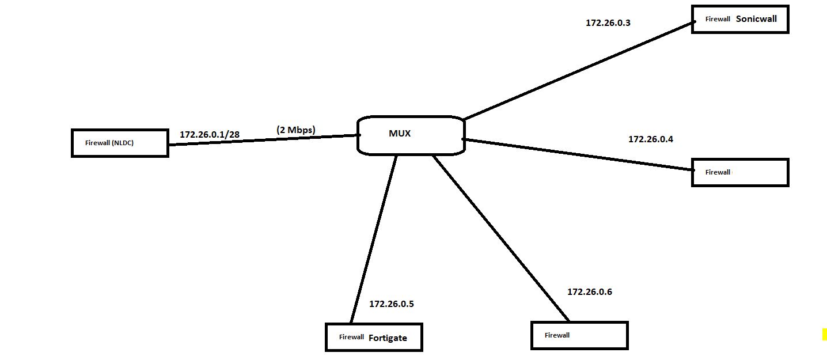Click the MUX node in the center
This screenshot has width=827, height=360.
(411, 136)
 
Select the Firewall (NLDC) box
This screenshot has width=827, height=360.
(120, 143)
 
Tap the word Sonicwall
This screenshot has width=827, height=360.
(756, 18)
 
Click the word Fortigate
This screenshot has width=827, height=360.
(388, 338)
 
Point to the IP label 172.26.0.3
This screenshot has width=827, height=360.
(608, 23)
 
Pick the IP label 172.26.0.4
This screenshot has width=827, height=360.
(651, 139)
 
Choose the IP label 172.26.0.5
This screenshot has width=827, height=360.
(392, 304)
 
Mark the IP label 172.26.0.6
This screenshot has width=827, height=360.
(590, 292)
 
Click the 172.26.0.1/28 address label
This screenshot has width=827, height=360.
(210, 134)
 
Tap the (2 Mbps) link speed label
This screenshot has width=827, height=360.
(296, 130)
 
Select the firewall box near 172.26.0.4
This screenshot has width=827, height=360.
(739, 172)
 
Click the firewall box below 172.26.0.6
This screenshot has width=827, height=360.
(579, 335)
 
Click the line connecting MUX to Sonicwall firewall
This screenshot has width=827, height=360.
(576, 71)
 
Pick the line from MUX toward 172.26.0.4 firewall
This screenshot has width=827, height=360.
(576, 154)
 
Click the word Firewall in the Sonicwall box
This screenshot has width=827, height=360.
(718, 19)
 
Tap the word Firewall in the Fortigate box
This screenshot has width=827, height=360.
(351, 337)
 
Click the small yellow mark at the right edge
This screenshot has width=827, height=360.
(824, 334)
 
